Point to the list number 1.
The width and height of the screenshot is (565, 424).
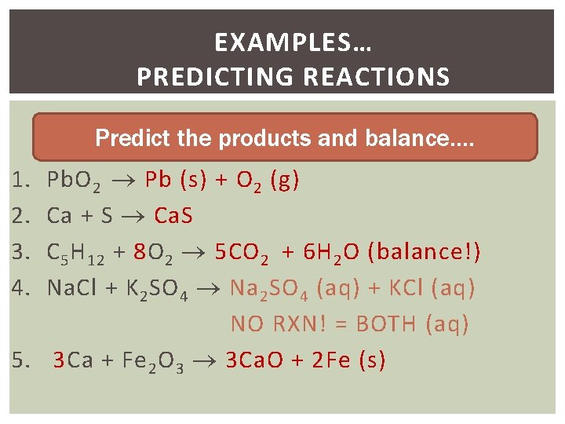[x=21, y=181]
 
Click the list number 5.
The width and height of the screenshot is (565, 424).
[x=21, y=360]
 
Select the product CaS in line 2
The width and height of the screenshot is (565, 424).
[x=173, y=216]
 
